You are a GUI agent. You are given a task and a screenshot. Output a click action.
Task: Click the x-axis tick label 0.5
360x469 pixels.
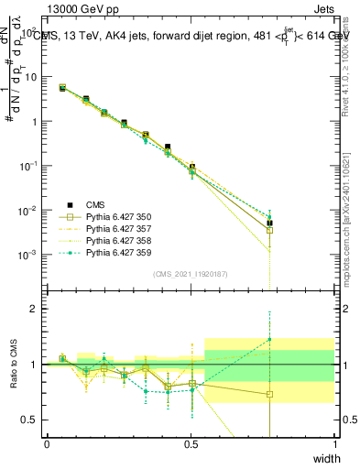pos(191,444)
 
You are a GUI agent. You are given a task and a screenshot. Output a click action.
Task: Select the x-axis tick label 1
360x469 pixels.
pos(335,444)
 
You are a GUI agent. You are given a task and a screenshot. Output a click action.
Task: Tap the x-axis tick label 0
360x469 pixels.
pos(47,444)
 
